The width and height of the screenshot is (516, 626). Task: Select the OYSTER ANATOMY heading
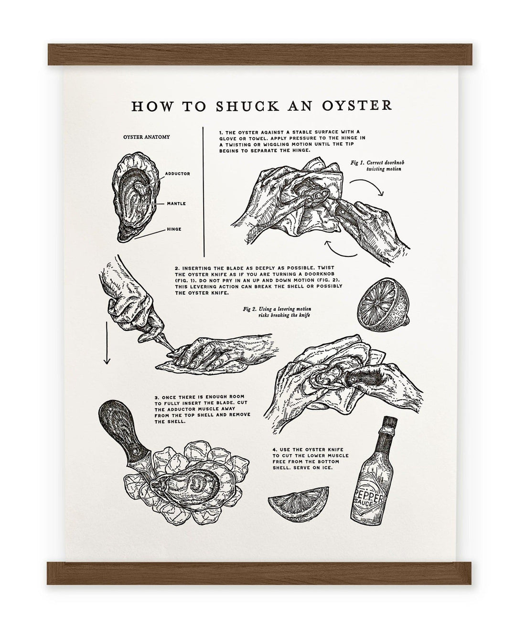(146, 137)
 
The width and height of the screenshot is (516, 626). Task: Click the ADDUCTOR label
(177, 174)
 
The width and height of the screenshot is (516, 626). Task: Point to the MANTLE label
(176, 203)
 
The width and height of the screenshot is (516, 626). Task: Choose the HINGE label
(174, 229)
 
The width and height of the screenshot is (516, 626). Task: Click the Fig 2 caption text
(277, 312)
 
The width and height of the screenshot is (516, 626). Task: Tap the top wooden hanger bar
(260, 54)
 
